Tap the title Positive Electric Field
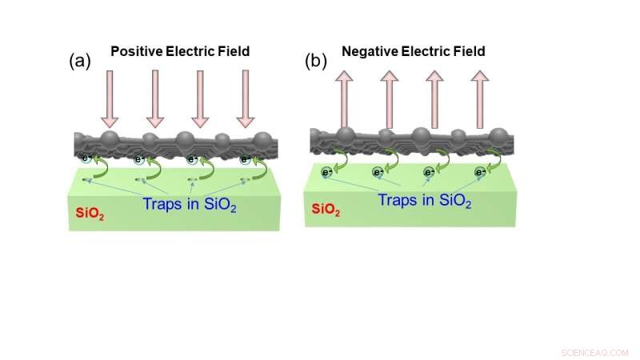(x=180, y=51)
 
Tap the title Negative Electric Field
(x=414, y=51)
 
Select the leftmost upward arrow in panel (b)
(x=345, y=98)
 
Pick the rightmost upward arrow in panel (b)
(x=480, y=98)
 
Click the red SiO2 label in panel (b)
(x=322, y=209)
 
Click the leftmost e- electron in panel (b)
(x=327, y=172)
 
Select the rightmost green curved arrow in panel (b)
(x=497, y=160)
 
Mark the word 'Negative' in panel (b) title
(x=369, y=51)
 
